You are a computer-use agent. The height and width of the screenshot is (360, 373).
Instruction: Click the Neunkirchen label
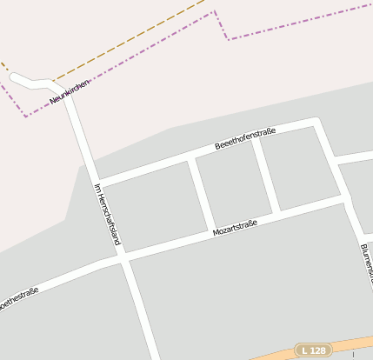click(x=70, y=92)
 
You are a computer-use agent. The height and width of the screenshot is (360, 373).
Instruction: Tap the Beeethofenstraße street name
click(x=245, y=137)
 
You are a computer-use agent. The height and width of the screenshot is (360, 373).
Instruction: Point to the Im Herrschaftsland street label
click(x=106, y=213)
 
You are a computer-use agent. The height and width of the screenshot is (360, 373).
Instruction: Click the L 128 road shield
click(x=313, y=350)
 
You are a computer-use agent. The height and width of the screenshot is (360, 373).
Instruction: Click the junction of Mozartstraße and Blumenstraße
click(x=347, y=201)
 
